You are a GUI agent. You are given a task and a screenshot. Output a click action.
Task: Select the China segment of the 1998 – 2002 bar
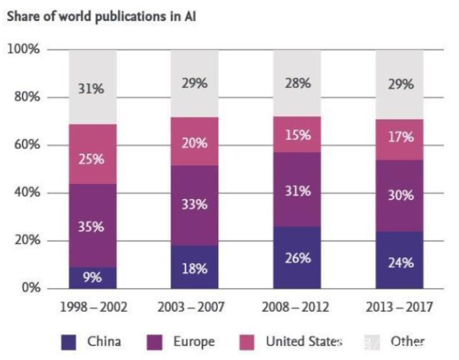pos(92,278)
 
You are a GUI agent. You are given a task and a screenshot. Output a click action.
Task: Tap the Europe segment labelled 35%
pos(92,226)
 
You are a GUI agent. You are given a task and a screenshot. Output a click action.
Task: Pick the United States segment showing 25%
pos(92,159)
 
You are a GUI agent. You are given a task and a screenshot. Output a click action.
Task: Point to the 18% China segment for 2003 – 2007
pos(195,267)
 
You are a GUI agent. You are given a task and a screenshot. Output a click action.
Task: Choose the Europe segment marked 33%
pos(195,205)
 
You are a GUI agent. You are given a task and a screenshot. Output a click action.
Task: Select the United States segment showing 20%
pos(195,143)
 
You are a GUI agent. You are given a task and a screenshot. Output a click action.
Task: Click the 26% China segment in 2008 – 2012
pos(297,257)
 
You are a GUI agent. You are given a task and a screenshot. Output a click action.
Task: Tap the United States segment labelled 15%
pos(297,135)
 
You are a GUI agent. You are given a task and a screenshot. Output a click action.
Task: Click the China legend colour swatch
pos(68,343)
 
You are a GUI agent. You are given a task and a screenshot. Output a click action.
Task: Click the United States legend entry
pos(294,343)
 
